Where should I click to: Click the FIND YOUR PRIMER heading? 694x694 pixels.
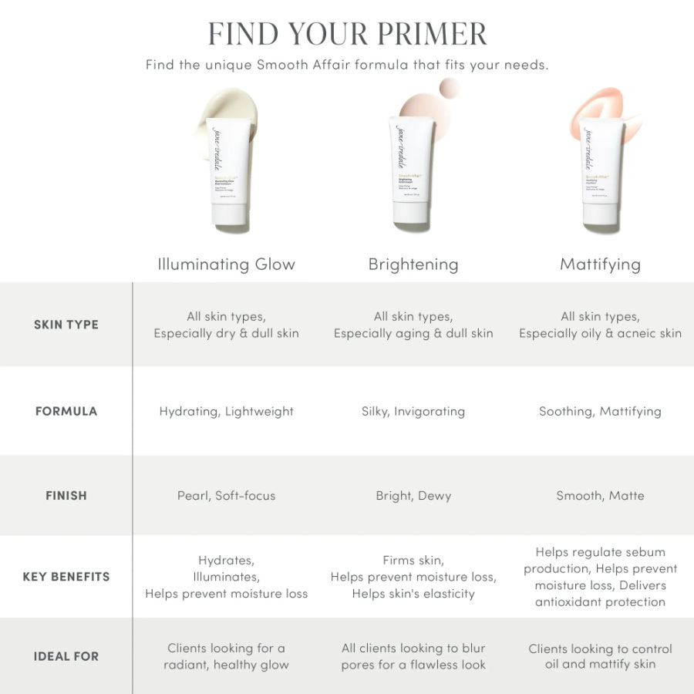coord(347,34)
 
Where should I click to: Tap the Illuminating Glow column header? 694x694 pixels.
coord(226,264)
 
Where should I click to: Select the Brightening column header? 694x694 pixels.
coord(413,264)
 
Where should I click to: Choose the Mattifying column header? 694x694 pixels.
coord(600,264)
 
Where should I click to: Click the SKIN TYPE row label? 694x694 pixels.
coord(66,325)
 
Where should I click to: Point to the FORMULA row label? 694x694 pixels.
coord(66,411)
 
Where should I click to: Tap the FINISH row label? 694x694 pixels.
coord(66,496)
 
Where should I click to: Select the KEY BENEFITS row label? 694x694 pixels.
coord(66,577)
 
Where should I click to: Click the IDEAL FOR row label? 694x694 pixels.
coord(66,656)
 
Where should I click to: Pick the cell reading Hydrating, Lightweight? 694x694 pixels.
coord(226,411)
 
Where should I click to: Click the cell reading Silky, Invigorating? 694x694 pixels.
coord(413,411)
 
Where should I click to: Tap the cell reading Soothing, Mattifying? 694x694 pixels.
coord(600,411)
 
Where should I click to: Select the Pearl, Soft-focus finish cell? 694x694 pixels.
coord(226,496)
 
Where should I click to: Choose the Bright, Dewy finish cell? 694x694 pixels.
coord(413,496)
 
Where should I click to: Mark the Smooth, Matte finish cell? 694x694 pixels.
coord(600,496)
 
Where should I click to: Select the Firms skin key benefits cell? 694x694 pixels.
coord(413,577)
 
